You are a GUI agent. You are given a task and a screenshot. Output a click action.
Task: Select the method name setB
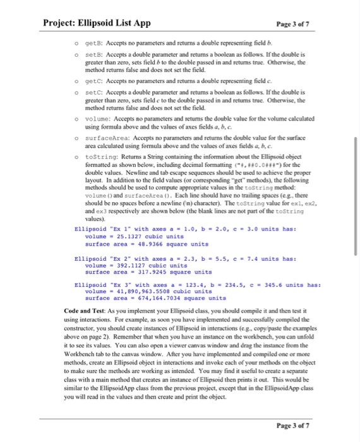pyautogui.click(x=84, y=55)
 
